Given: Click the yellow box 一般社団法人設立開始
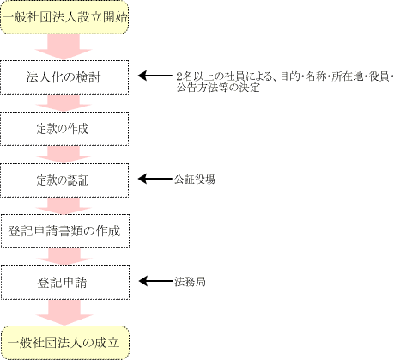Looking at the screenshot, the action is click(x=64, y=17).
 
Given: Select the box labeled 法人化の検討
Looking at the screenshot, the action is click(x=64, y=77).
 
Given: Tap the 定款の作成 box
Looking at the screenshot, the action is click(x=64, y=129).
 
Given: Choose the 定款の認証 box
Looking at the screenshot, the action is click(x=64, y=180).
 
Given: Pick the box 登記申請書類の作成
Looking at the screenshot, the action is click(x=65, y=231).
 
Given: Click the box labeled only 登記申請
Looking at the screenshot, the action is click(x=65, y=283).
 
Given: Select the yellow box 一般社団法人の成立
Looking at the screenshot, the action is click(x=65, y=343).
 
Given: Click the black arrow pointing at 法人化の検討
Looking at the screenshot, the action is click(x=155, y=76).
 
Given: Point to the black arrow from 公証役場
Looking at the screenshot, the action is click(x=156, y=179).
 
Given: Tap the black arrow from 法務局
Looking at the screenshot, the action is click(x=156, y=281).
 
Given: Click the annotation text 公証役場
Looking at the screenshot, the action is click(x=195, y=180).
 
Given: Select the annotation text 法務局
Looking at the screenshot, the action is click(x=190, y=282).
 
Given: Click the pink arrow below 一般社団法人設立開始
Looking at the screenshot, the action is click(x=64, y=46).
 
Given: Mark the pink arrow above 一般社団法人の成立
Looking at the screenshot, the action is click(x=64, y=312).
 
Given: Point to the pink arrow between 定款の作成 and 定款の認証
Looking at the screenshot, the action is click(x=64, y=155).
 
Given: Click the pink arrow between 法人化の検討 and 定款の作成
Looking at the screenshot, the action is click(x=64, y=102).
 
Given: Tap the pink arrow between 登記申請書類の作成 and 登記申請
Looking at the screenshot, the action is click(x=64, y=257).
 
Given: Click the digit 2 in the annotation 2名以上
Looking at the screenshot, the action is click(x=179, y=76).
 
